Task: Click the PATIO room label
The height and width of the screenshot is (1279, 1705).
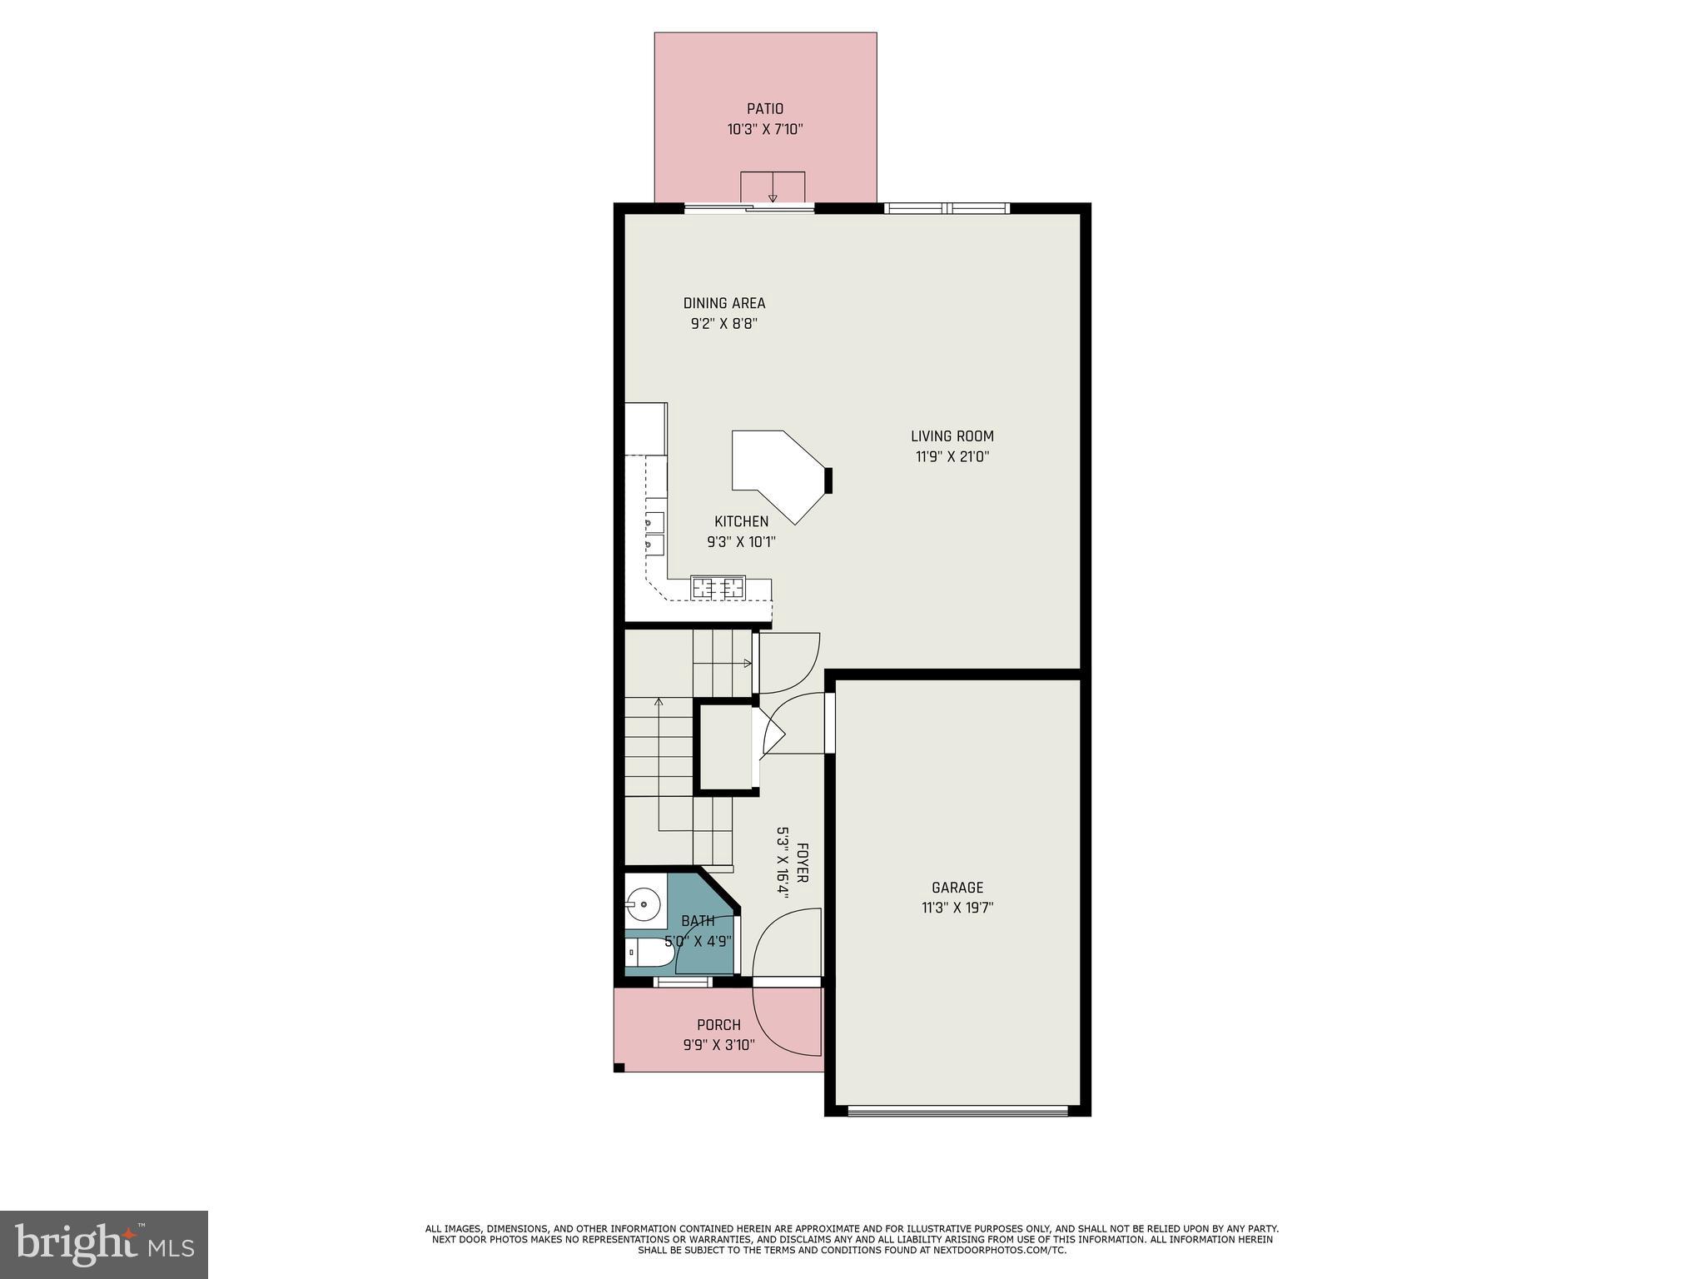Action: point(764,109)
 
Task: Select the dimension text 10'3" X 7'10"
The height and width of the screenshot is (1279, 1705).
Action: point(764,130)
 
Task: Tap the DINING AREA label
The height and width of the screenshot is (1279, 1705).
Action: point(723,303)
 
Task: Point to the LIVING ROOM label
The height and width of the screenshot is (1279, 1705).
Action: point(952,436)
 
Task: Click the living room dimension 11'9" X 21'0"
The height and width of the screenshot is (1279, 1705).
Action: point(952,457)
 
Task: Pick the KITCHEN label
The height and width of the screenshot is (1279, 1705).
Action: point(741,522)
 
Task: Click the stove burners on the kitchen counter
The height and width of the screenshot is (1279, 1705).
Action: point(718,588)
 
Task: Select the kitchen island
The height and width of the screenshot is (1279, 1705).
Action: point(774,470)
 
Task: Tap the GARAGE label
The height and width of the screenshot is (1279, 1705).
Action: point(957,888)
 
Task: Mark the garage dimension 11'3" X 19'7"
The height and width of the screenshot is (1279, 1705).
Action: point(957,908)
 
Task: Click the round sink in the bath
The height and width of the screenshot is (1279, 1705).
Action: point(643,903)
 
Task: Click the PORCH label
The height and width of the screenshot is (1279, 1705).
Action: point(718,1025)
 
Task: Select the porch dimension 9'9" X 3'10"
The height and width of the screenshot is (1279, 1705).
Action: point(718,1045)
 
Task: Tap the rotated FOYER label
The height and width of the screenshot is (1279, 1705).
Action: point(803,863)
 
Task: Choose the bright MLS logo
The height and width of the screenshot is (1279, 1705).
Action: point(104,1244)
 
